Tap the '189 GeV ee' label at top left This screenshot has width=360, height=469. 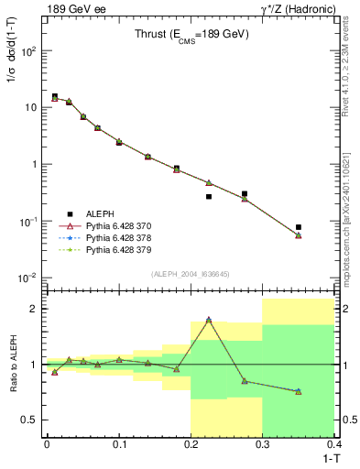71,9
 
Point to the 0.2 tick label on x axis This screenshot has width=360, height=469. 191,442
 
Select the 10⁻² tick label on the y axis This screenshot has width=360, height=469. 27,278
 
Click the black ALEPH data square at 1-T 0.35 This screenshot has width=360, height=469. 299,227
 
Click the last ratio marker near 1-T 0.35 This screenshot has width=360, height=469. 299,391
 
